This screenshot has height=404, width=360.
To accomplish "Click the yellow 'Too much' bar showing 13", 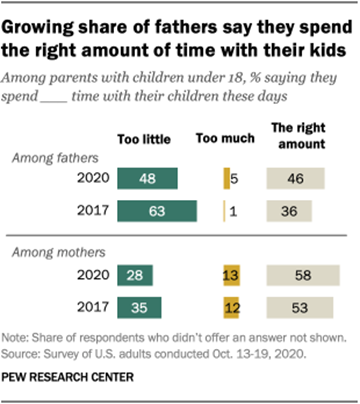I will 232,275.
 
